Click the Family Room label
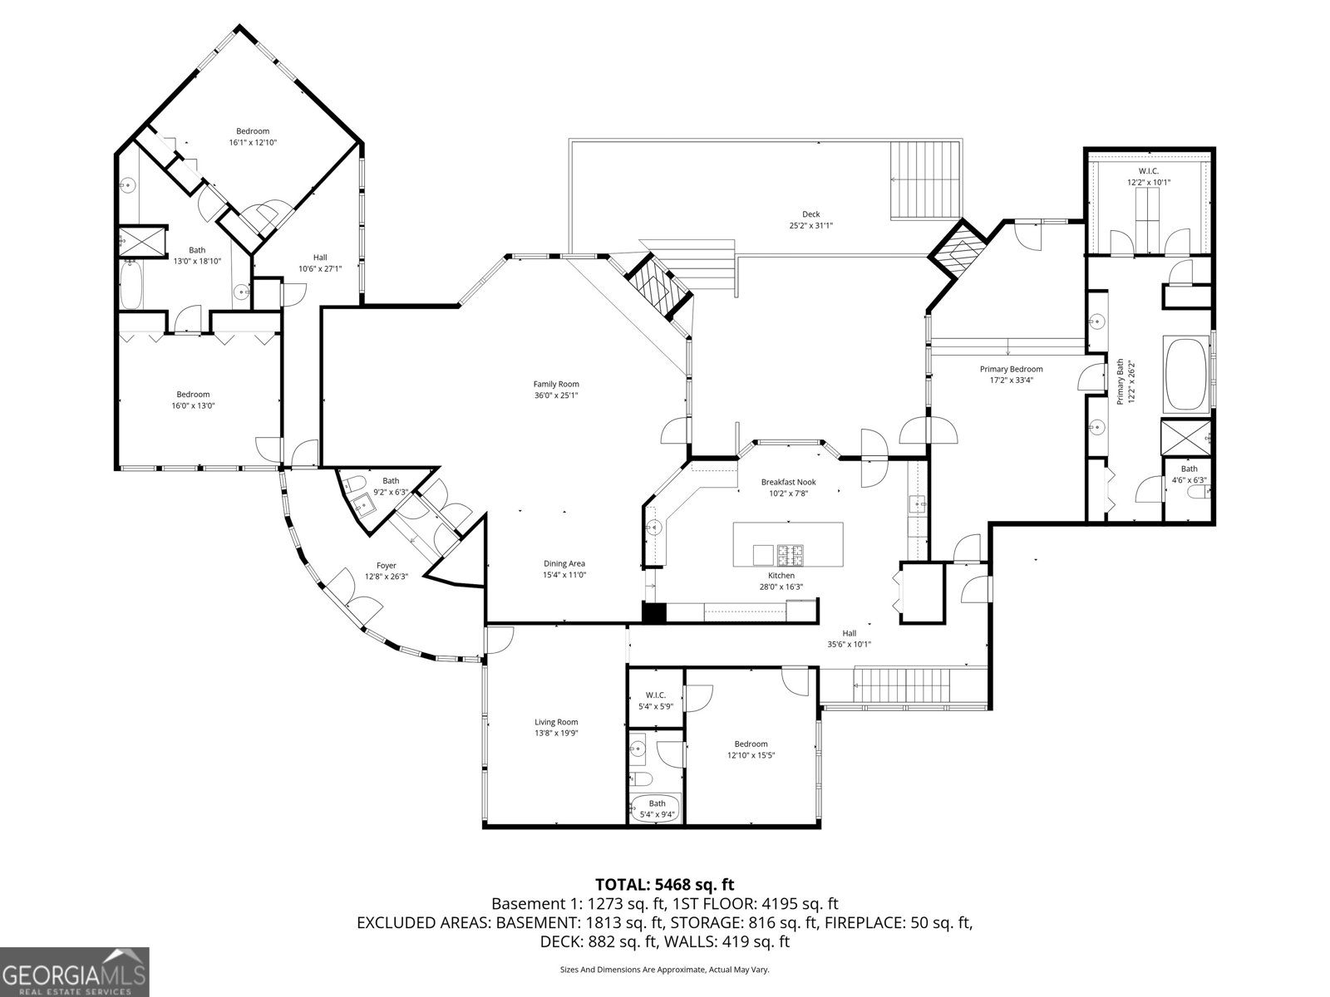click(x=556, y=384)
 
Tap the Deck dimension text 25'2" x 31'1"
click(x=810, y=225)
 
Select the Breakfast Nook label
click(x=788, y=482)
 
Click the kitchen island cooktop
click(x=787, y=553)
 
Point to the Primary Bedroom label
click(x=1011, y=369)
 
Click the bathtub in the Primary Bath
click(x=1188, y=374)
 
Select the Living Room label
click(x=556, y=722)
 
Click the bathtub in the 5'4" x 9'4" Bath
click(x=656, y=808)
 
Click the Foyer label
click(x=387, y=566)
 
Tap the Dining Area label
click(x=564, y=563)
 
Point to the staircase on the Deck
click(x=925, y=179)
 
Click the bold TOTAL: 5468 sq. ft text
click(x=664, y=884)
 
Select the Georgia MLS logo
click(x=74, y=971)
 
